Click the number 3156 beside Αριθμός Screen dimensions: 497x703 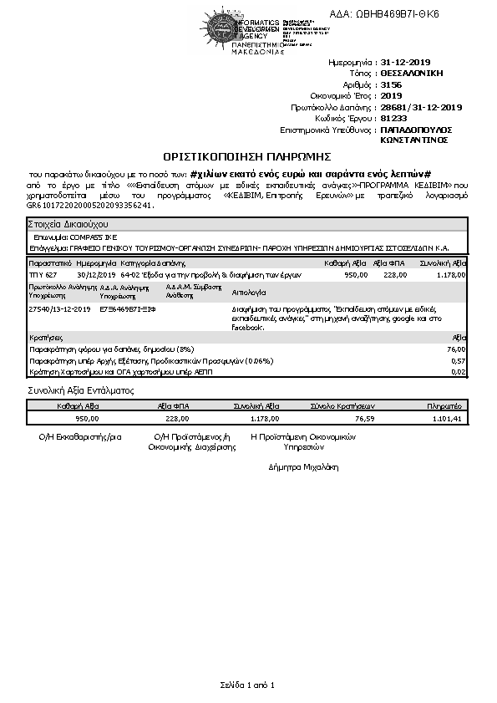click(x=390, y=85)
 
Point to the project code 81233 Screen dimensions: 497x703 click(x=393, y=119)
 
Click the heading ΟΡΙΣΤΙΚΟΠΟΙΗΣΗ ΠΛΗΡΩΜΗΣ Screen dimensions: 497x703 click(x=247, y=155)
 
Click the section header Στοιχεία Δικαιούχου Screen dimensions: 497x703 click(x=68, y=225)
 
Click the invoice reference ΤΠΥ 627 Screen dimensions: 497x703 click(x=43, y=274)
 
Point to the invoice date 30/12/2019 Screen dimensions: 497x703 click(x=94, y=274)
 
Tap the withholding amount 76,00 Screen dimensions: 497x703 click(x=456, y=349)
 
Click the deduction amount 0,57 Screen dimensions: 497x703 click(x=458, y=360)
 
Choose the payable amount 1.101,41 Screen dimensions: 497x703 click(x=448, y=419)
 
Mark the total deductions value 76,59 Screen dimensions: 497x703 click(x=364, y=419)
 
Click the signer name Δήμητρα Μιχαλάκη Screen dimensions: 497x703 click(x=303, y=466)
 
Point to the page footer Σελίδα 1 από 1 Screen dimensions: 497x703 click(x=248, y=685)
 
